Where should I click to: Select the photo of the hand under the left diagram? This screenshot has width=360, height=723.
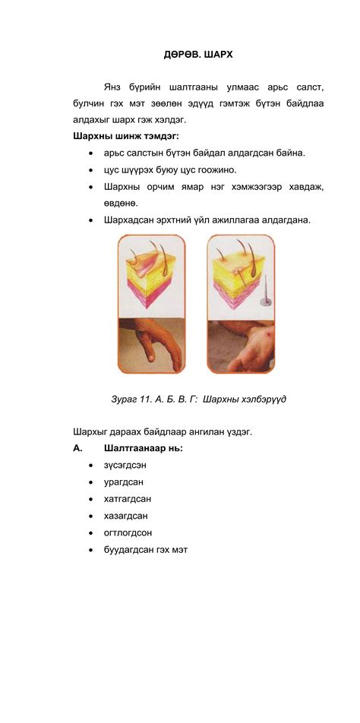point(150,346)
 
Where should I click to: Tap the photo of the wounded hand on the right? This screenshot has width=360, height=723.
point(241,346)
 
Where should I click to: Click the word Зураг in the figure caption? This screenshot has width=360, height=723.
point(127,399)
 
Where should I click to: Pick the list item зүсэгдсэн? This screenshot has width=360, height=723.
point(125,465)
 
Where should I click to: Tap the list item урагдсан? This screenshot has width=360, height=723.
point(124,481)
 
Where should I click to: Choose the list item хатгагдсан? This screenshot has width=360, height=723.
point(128,499)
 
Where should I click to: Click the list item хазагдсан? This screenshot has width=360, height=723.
point(126,516)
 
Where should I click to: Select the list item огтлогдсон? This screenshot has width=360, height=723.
point(128,532)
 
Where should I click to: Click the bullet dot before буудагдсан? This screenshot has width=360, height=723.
point(91,550)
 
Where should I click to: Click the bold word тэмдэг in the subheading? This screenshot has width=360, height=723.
point(162,136)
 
